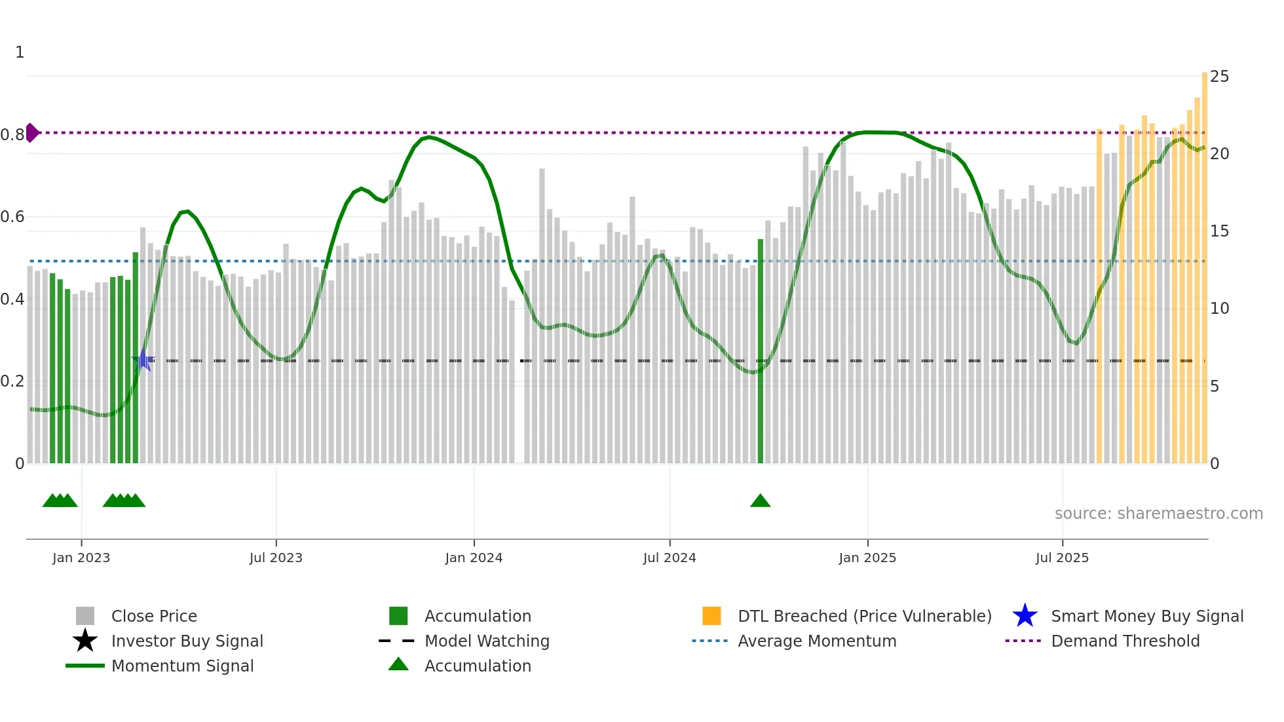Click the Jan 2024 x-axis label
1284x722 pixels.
click(x=474, y=558)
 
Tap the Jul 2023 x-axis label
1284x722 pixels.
click(x=276, y=558)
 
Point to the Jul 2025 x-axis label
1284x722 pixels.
click(x=1062, y=558)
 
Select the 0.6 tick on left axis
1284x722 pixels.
click(x=12, y=217)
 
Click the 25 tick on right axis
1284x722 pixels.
click(x=1219, y=77)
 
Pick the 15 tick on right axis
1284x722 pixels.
click(x=1219, y=231)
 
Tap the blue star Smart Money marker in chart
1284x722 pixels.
click(x=143, y=360)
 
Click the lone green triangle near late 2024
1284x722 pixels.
click(x=760, y=501)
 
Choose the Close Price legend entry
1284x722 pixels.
click(x=154, y=616)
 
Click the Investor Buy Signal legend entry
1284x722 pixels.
click(x=187, y=641)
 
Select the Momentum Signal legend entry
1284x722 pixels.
click(x=182, y=666)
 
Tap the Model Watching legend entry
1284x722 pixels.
click(x=487, y=641)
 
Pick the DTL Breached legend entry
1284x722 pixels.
click(x=864, y=616)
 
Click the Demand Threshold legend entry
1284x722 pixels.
click(x=1125, y=641)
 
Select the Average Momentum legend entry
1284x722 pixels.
click(x=816, y=641)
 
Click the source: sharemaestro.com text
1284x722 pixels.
click(x=1158, y=514)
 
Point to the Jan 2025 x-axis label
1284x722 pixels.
click(x=867, y=558)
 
